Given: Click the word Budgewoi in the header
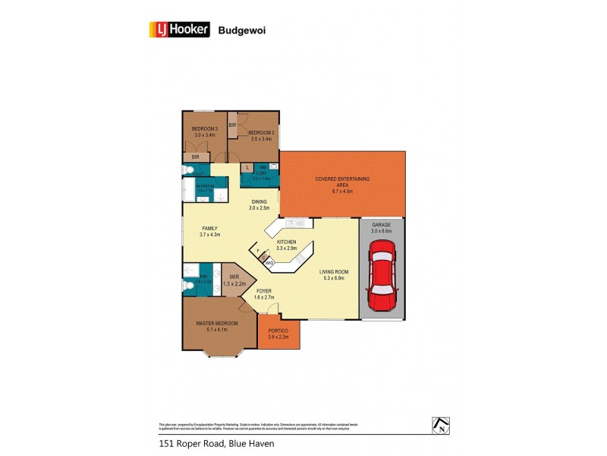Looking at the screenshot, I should (241, 31).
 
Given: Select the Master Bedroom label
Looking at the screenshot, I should (217, 323).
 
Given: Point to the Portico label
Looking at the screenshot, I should (278, 331).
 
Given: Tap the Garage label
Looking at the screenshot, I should (380, 226).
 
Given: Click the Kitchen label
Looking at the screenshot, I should (285, 242).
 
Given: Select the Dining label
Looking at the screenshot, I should (259, 201).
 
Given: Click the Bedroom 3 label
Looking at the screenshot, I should (205, 128).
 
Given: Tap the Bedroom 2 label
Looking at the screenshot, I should (261, 133).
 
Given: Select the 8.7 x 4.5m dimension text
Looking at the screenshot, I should (342, 192).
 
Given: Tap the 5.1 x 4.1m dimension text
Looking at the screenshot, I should (217, 330).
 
